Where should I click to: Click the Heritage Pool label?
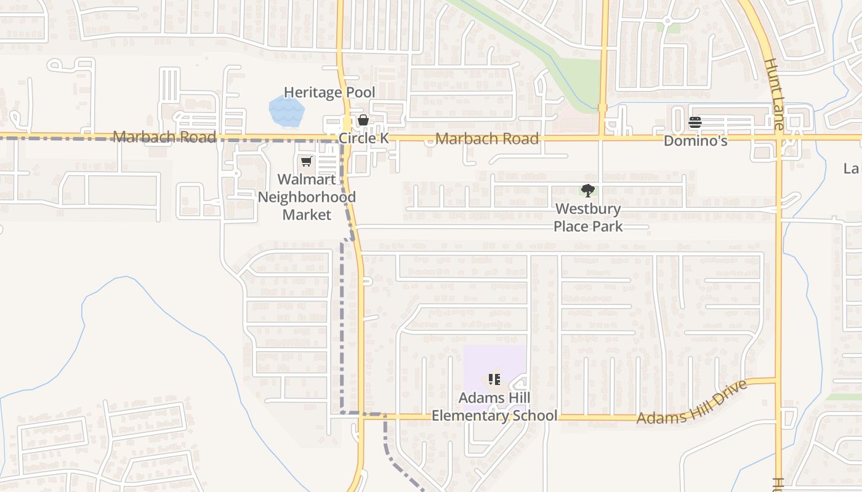click(x=329, y=93)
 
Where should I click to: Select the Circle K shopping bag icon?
click(x=363, y=120)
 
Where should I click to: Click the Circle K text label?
click(x=363, y=138)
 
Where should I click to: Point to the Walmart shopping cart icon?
click(x=306, y=162)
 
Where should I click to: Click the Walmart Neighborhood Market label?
click(x=307, y=197)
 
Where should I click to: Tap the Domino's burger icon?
click(x=695, y=122)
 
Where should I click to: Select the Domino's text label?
click(x=695, y=141)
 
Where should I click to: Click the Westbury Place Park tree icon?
click(x=587, y=191)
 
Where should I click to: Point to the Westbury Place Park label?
click(x=587, y=218)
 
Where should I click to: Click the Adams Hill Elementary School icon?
click(x=494, y=379)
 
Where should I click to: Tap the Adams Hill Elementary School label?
click(x=494, y=407)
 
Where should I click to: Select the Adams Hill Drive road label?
click(x=692, y=403)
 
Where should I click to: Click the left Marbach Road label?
click(x=164, y=137)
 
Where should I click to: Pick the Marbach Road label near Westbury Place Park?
click(x=486, y=138)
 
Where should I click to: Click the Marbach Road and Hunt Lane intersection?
click(x=779, y=137)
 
